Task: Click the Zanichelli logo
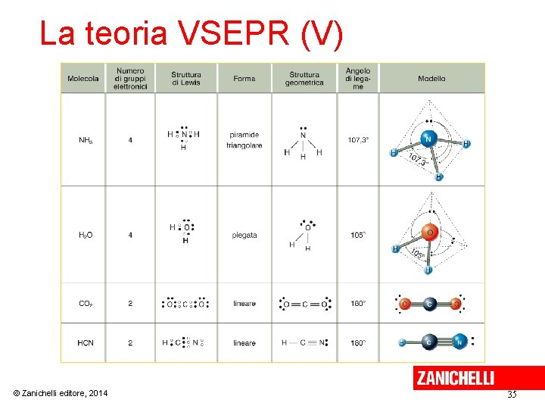[454, 378]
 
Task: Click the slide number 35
[512, 395]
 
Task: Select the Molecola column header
[83, 78]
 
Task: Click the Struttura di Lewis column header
[186, 78]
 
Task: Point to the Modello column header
[431, 78]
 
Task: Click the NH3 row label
[86, 140]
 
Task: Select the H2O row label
[86, 236]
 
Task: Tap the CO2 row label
[86, 304]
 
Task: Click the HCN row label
[86, 343]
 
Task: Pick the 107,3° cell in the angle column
[358, 140]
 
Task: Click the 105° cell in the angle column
[358, 235]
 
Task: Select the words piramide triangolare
[244, 140]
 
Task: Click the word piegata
[244, 235]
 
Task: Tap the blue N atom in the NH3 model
[428, 139]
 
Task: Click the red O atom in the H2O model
[429, 233]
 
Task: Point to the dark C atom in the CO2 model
[428, 304]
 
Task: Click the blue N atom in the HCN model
[459, 342]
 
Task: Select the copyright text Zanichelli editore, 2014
[61, 393]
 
